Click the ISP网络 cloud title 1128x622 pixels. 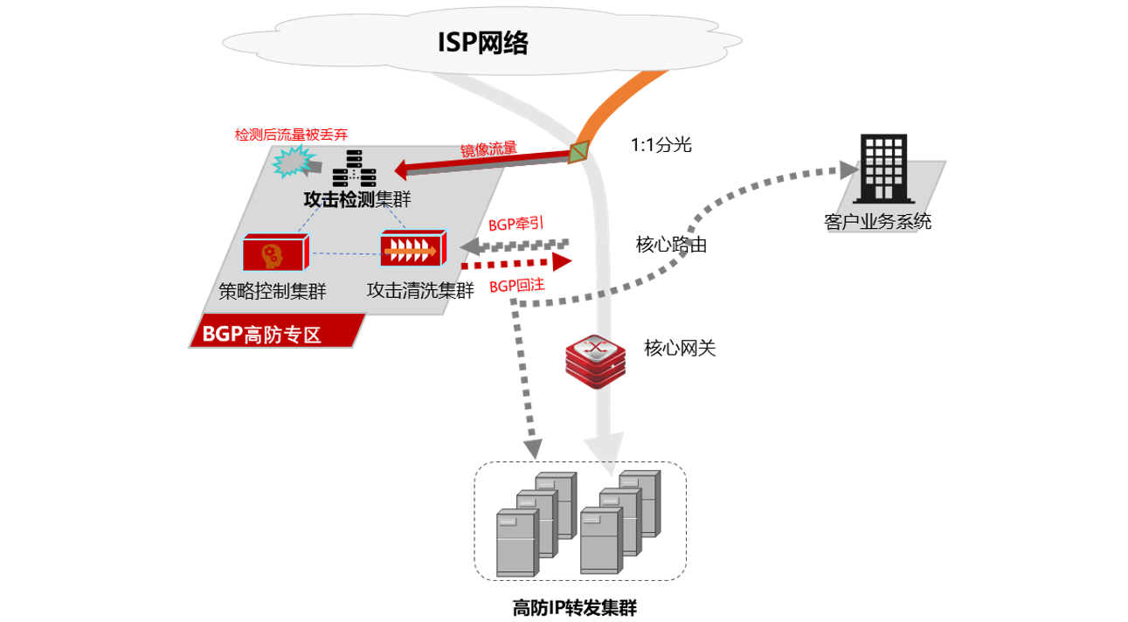[482, 43]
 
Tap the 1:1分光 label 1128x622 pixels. [661, 145]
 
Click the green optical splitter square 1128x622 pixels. [578, 152]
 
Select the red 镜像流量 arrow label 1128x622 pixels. [488, 149]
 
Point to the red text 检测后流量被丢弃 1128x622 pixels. [291, 135]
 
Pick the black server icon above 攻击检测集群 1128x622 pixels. [356, 169]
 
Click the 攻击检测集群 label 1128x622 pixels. [356, 200]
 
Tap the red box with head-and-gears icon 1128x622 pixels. [274, 252]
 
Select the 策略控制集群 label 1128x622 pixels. [272, 292]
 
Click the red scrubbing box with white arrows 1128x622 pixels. [413, 250]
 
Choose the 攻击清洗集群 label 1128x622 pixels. [420, 290]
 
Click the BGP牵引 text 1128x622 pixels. [516, 224]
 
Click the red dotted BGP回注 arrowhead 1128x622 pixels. [561, 261]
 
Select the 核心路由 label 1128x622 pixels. [671, 245]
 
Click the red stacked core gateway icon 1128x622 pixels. [596, 360]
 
